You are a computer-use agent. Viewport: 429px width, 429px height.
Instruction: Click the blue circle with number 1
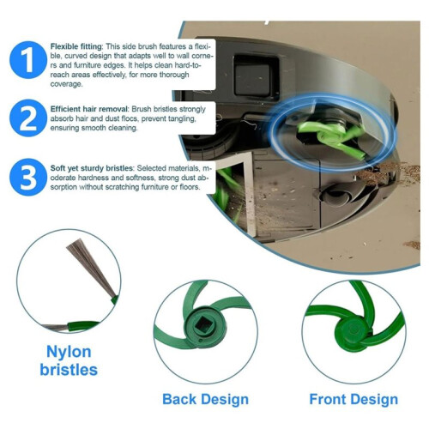(28, 60)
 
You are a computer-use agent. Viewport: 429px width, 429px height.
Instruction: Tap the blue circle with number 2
(28, 118)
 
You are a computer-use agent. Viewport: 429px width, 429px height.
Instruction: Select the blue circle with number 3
(28, 178)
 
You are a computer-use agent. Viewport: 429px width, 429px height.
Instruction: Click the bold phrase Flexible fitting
(76, 46)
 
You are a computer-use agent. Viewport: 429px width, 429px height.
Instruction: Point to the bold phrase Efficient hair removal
(89, 109)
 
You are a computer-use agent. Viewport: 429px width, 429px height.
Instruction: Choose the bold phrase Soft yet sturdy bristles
(92, 168)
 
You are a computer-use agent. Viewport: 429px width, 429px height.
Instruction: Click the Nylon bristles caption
(69, 360)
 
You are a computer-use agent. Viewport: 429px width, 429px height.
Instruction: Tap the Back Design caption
(205, 399)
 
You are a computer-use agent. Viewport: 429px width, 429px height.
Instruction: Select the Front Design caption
(353, 399)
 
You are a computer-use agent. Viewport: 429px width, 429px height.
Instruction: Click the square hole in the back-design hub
(204, 324)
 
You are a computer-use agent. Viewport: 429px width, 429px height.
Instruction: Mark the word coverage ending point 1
(66, 84)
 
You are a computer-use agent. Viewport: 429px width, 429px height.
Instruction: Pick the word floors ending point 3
(190, 187)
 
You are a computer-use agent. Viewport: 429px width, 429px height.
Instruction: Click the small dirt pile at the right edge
(412, 245)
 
